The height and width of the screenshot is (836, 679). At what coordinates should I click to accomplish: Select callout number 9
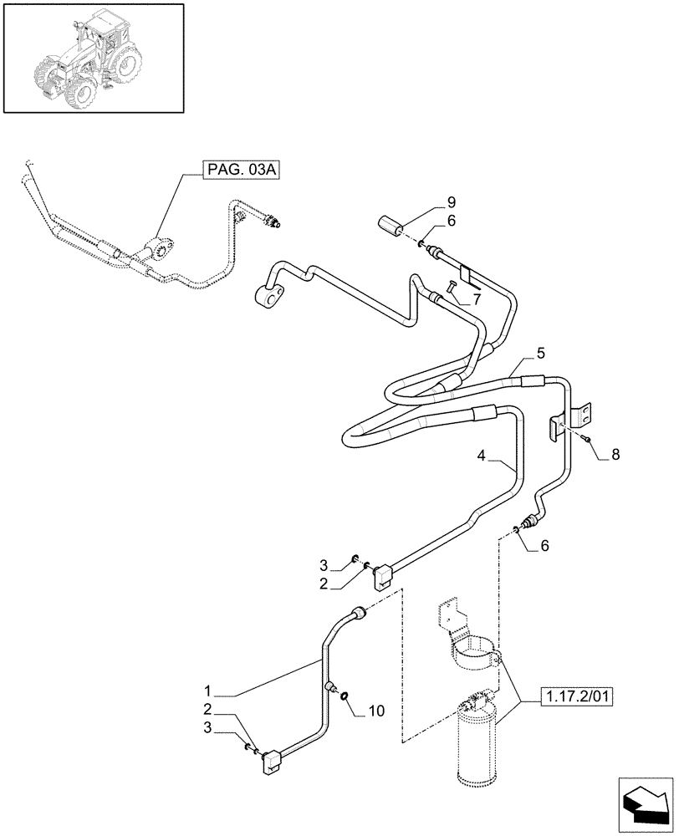[451, 201]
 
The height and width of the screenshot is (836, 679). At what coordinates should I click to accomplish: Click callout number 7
[476, 298]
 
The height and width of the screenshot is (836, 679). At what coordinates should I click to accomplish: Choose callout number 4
[482, 456]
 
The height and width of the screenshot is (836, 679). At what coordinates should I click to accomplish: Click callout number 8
[615, 455]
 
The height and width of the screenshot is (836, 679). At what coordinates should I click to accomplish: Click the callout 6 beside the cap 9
[451, 222]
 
